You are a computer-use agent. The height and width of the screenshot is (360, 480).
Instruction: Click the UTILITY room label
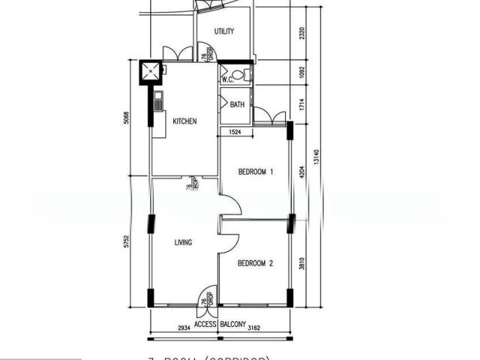[x=224, y=31]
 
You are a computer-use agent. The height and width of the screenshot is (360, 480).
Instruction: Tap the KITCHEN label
[x=184, y=121]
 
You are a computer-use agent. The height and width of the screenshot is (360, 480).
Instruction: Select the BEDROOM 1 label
[x=255, y=172]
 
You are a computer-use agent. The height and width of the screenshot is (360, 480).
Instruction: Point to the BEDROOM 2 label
[x=255, y=263]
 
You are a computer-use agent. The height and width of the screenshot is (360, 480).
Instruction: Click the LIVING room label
[x=183, y=242]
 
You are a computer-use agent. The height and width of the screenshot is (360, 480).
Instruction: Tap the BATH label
[x=237, y=104]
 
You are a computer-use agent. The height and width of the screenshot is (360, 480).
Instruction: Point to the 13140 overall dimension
[x=319, y=156]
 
